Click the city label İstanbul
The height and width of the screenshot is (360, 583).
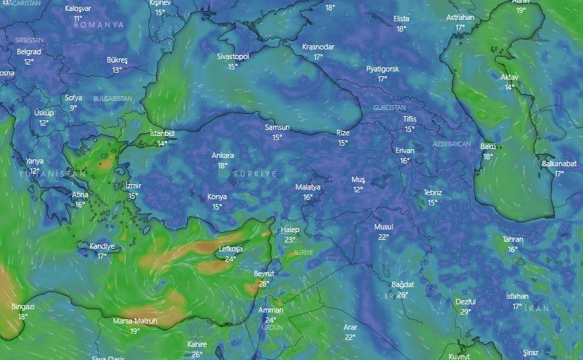(162, 133)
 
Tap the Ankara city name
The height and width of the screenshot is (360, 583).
(223, 156)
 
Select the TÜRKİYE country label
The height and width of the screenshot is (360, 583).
(254, 174)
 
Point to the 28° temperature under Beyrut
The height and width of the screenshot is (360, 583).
(263, 283)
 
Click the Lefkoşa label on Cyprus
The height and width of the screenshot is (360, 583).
(230, 249)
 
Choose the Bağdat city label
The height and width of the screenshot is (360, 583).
(402, 285)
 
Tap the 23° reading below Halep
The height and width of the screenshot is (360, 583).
(290, 240)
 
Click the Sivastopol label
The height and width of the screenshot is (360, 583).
(232, 57)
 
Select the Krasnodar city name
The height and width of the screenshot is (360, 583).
(318, 47)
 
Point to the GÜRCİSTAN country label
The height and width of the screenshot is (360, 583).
(390, 109)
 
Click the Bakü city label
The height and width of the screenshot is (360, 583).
(488, 147)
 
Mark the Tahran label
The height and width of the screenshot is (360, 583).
(513, 240)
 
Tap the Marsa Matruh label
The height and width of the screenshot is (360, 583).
(135, 321)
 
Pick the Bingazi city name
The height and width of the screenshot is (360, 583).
(23, 307)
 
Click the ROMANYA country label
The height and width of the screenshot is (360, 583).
(98, 25)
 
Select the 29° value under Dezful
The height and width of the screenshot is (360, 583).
(465, 312)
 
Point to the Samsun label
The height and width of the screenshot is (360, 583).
(277, 128)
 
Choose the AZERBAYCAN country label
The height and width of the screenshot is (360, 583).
(452, 144)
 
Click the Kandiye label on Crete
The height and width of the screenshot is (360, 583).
(102, 247)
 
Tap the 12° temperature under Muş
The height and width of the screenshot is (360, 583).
(358, 190)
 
